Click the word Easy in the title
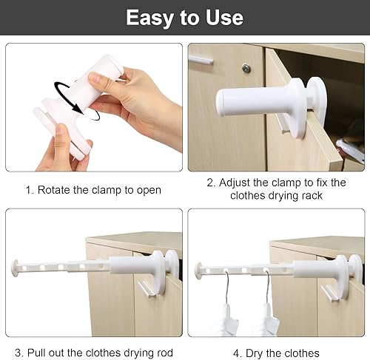[149, 18]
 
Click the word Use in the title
[224, 18]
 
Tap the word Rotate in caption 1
[53, 190]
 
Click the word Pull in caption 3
[36, 353]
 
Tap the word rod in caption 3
[165, 353]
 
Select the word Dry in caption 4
[255, 354]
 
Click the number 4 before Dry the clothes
[236, 353]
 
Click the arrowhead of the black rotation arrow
[78, 109]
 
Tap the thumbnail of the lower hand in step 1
[61, 130]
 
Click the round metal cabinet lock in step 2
[246, 68]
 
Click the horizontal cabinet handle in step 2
[201, 60]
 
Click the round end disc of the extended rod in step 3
[15, 268]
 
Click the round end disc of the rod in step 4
[198, 271]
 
